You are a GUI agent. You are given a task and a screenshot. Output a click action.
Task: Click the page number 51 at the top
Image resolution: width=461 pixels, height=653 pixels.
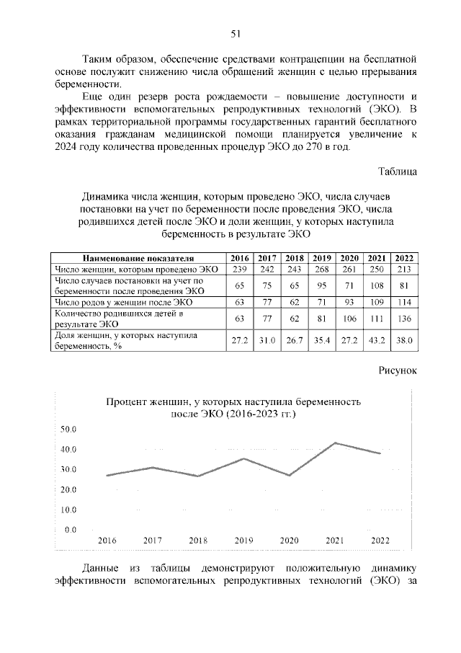point(236,34)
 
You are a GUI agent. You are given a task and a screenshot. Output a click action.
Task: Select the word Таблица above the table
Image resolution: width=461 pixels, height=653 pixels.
point(398,172)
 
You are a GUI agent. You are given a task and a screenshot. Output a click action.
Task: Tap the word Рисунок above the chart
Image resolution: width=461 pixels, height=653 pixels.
point(397,370)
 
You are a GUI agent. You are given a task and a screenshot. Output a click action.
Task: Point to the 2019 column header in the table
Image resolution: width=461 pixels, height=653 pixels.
point(322,259)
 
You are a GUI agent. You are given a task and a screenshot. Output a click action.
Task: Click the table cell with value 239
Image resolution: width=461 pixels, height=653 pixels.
point(240,269)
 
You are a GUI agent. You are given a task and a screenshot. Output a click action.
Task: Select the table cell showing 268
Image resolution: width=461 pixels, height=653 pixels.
point(322,269)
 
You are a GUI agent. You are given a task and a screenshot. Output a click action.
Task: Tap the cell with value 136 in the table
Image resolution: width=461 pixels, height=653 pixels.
point(404,319)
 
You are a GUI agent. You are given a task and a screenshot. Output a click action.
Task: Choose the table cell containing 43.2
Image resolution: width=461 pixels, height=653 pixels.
point(377,340)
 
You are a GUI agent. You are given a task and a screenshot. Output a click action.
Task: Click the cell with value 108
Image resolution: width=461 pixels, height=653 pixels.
point(377,285)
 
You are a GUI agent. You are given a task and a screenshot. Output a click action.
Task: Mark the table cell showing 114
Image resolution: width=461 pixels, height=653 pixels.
point(404,302)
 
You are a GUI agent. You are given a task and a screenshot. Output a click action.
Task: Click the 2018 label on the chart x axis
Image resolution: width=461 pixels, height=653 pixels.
point(198,540)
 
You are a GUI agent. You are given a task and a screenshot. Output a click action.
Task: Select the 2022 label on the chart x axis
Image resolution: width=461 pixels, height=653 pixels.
point(380,540)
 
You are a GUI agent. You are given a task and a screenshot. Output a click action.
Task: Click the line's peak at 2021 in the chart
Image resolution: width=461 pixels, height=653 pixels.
point(334,443)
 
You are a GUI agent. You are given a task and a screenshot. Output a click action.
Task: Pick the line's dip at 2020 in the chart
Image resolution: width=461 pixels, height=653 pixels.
point(289,475)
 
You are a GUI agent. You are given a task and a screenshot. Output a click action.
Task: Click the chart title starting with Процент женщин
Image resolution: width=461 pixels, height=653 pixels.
point(234,408)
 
